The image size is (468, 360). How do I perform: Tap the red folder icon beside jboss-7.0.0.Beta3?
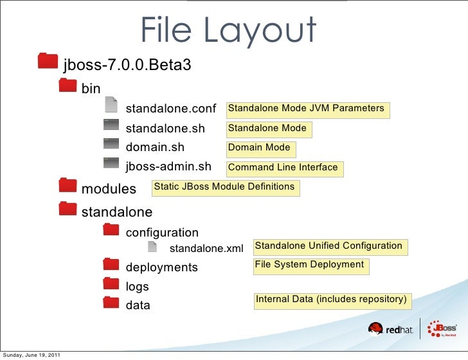[x=48, y=60]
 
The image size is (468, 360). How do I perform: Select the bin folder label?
[x=91, y=87]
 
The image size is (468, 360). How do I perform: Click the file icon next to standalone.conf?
[x=111, y=104]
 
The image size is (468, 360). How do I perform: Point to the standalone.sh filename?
[x=165, y=129]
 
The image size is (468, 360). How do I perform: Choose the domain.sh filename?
[x=154, y=148]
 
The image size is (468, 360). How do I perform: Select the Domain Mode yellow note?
[x=259, y=148]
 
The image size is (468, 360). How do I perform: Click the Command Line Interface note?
[x=283, y=168]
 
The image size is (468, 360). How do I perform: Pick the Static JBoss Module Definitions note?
[x=224, y=187]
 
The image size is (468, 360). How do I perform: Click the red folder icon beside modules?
[x=66, y=186]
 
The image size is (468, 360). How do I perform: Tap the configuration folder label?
[x=162, y=233]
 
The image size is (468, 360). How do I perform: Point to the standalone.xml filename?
[x=206, y=248]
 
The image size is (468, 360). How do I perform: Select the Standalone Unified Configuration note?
[x=328, y=246]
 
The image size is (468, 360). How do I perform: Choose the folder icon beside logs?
[x=111, y=284]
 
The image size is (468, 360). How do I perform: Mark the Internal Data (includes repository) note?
[x=331, y=300]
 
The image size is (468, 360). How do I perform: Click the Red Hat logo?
[x=385, y=330]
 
